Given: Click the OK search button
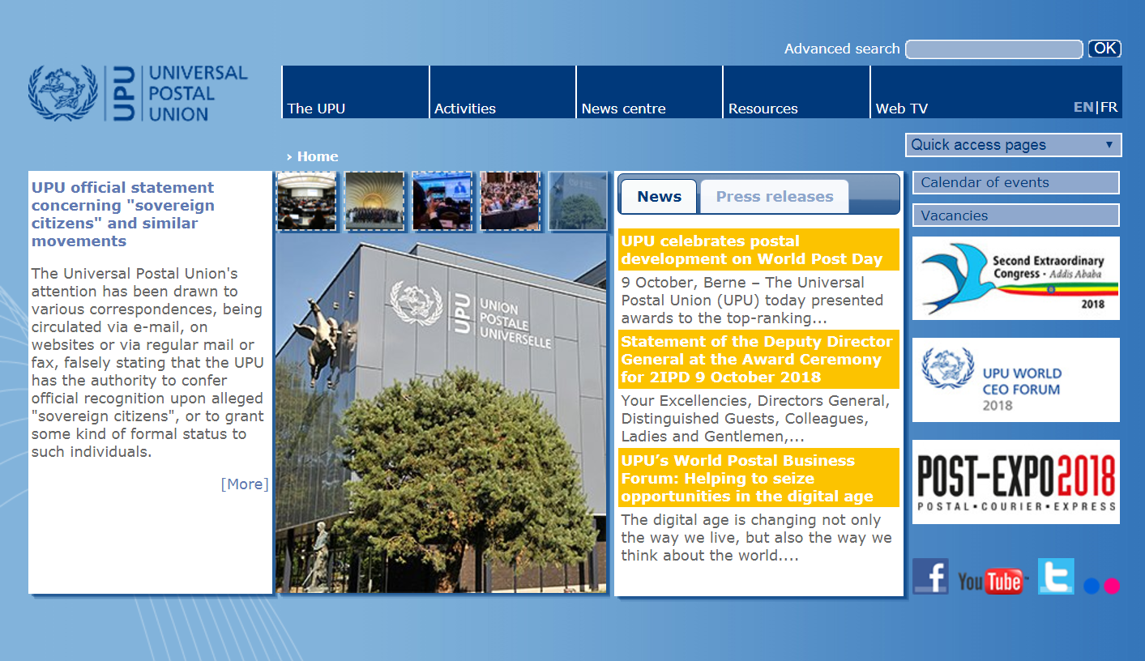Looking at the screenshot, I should (1104, 49).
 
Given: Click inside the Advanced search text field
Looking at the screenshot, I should (993, 49).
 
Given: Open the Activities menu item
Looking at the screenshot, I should (465, 109).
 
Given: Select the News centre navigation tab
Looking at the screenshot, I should (623, 109).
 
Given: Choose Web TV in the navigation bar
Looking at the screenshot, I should (901, 109).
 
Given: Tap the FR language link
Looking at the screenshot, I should (1109, 107).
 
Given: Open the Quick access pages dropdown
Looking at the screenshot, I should (1013, 145).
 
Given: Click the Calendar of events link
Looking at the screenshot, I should (1015, 183).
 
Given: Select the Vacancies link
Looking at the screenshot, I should (1015, 215).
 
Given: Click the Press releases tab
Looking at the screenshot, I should (774, 197).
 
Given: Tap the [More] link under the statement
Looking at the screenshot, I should (244, 484).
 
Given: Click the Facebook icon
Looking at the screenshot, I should (930, 577).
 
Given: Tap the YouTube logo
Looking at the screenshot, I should (992, 580).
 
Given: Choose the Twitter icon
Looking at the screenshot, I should (1056, 576).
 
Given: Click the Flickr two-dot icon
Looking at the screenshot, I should (1101, 586).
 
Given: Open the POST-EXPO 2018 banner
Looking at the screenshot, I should (1015, 482).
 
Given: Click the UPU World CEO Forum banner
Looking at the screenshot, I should (1015, 380).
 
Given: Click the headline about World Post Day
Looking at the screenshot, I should (751, 250).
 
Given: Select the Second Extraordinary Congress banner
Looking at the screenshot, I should (1015, 278).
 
